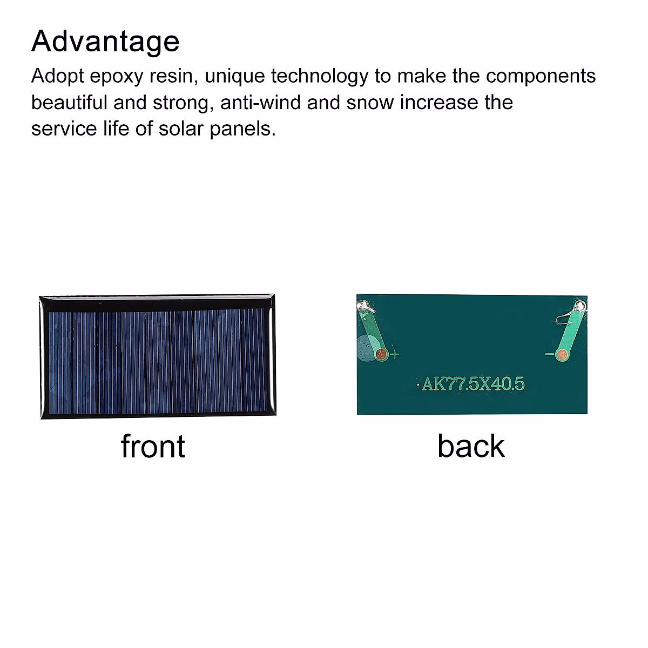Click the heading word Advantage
coord(105,42)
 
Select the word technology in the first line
coord(319,76)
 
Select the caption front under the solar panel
coord(153,447)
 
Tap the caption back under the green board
coord(471,447)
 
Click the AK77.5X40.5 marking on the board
coord(473,384)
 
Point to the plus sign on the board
coord(394,355)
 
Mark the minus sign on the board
coord(549,354)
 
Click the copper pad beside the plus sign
coord(381,354)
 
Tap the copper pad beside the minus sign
coord(562,354)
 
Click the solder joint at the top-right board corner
coord(579,307)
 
